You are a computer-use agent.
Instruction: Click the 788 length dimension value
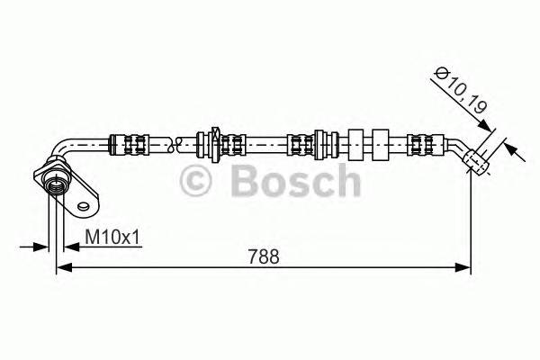coord(262,256)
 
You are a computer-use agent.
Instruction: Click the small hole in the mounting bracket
coord(84,207)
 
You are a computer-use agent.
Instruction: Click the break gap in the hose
coord(184,141)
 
